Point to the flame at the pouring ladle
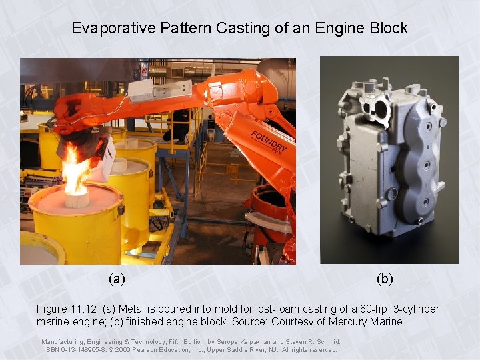(x=74, y=170)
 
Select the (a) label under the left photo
(x=117, y=279)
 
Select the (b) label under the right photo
(x=385, y=279)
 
